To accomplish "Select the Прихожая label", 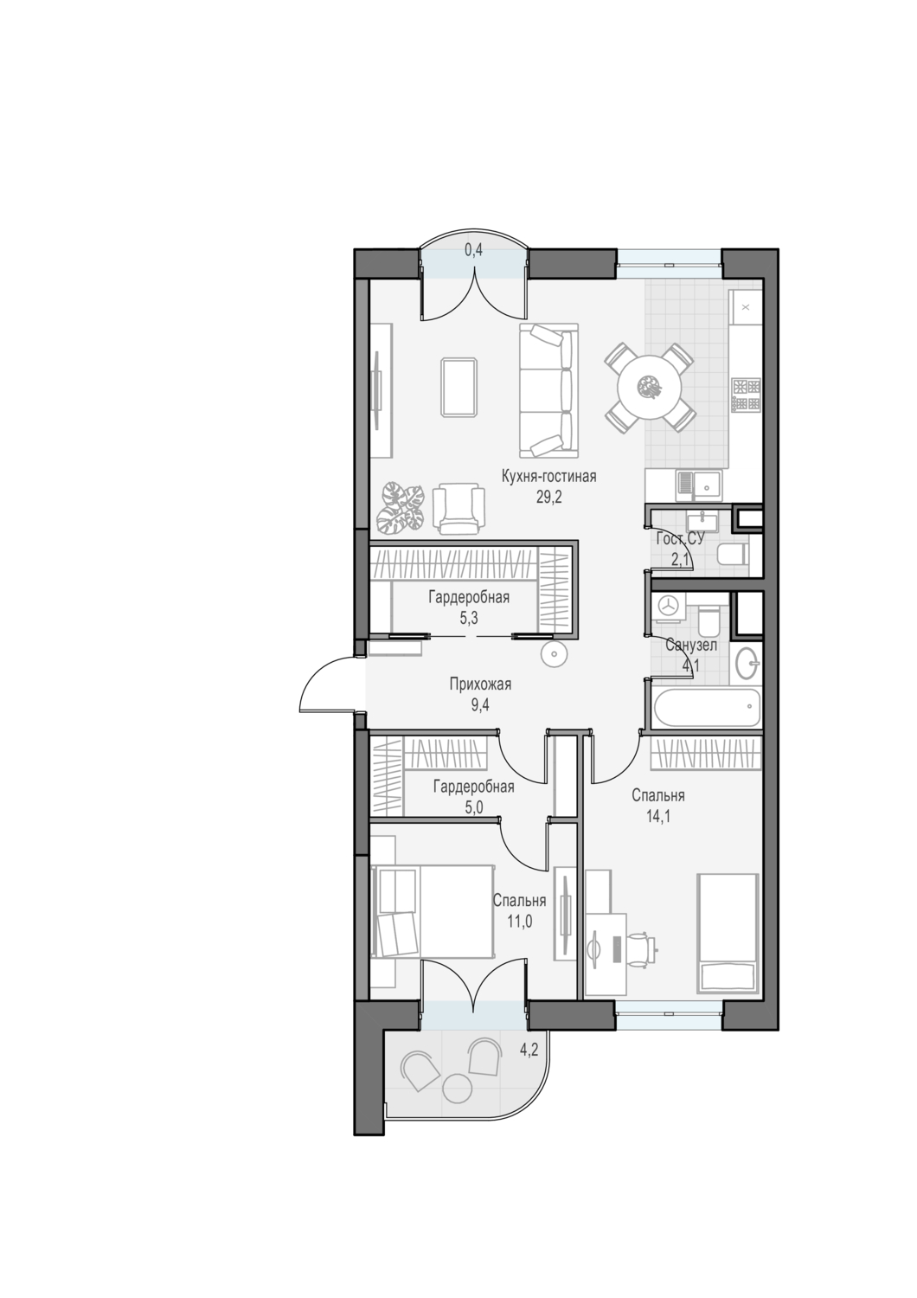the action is point(481,684).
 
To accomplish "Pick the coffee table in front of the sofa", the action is point(459,387).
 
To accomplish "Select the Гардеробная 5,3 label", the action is point(469,607).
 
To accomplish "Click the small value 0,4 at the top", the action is point(474,250).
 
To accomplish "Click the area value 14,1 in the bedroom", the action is point(658,817).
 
